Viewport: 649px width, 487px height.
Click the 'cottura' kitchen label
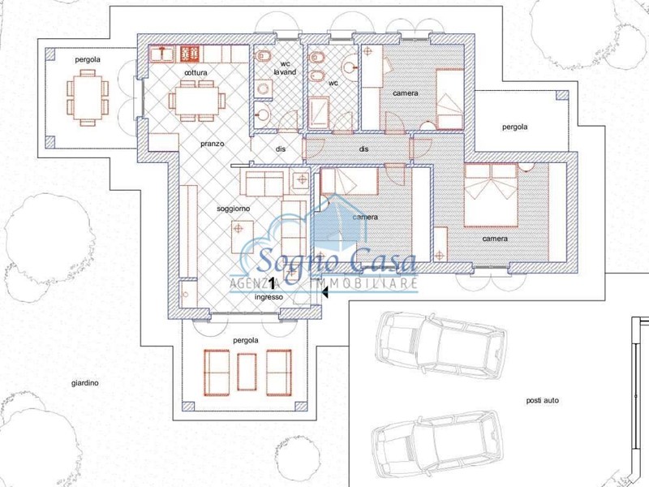coord(196,73)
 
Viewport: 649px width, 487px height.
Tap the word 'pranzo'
coord(213,144)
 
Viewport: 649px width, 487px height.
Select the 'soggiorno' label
coord(234,209)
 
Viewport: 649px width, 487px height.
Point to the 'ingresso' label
coord(269,297)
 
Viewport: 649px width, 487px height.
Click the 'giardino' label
coord(85,383)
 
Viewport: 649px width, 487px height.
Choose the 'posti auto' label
coord(542,400)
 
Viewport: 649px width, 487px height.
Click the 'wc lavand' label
coord(286,68)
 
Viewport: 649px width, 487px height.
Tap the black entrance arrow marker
coord(325,292)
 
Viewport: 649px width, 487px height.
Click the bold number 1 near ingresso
coord(272,283)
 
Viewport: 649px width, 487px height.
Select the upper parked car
coord(441,346)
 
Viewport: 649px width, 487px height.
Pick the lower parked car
coord(437,443)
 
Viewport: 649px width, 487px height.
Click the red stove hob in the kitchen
coord(190,54)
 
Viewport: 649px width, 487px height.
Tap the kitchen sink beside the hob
coord(161,54)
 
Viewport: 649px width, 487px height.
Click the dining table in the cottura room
coord(196,101)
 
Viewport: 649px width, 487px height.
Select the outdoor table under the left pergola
coord(88,97)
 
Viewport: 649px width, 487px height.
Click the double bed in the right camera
coord(492,195)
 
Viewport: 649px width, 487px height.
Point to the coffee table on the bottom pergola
coord(247,372)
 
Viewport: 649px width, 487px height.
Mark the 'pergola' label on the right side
coord(515,127)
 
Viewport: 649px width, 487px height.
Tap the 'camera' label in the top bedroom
coord(405,93)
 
